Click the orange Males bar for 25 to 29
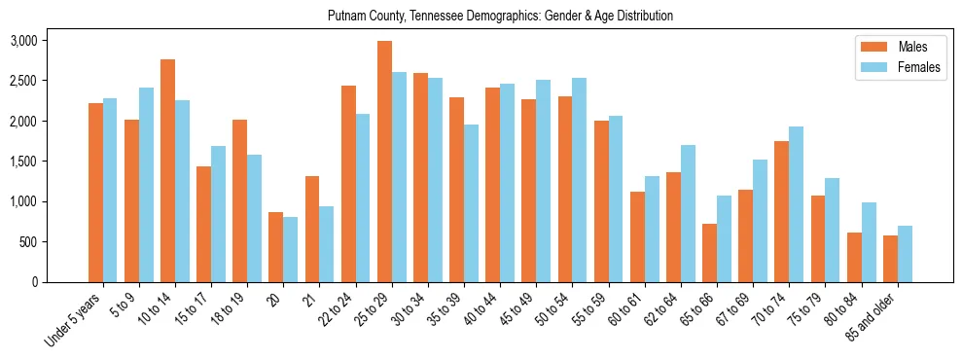point(384,162)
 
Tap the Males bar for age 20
point(276,247)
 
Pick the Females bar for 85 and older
point(905,254)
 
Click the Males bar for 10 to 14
point(167,170)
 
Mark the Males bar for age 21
point(312,229)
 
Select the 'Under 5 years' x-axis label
point(74,321)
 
